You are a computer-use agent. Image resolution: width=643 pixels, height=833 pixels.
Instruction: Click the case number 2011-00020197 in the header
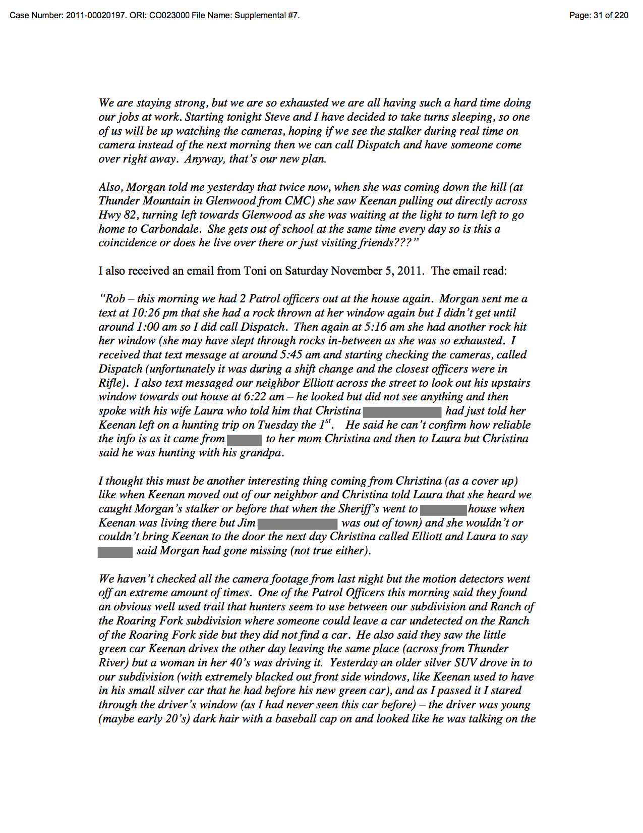pyautogui.click(x=96, y=15)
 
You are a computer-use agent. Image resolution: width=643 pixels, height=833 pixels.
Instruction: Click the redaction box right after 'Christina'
pyautogui.click(x=402, y=411)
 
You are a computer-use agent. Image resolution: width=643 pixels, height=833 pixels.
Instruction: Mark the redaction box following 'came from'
pyautogui.click(x=245, y=439)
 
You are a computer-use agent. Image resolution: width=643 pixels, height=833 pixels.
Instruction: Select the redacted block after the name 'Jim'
pyautogui.click(x=298, y=524)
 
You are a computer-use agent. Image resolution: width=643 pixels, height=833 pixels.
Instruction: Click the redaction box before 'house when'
pyautogui.click(x=443, y=509)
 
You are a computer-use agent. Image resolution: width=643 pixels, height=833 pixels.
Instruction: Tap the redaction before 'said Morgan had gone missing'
pyautogui.click(x=115, y=551)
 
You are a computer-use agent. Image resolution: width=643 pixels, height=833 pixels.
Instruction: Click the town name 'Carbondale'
pyautogui.click(x=169, y=229)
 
